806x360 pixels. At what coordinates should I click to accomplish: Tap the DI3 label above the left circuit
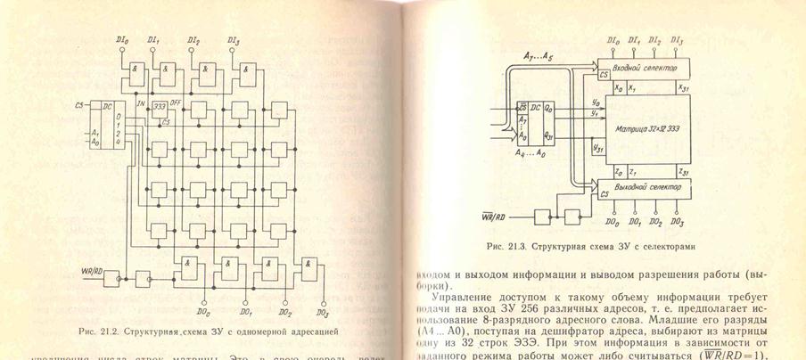(x=234, y=40)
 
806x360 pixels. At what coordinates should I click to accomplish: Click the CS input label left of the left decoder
(x=81, y=105)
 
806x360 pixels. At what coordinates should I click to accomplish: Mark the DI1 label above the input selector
(x=634, y=41)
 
